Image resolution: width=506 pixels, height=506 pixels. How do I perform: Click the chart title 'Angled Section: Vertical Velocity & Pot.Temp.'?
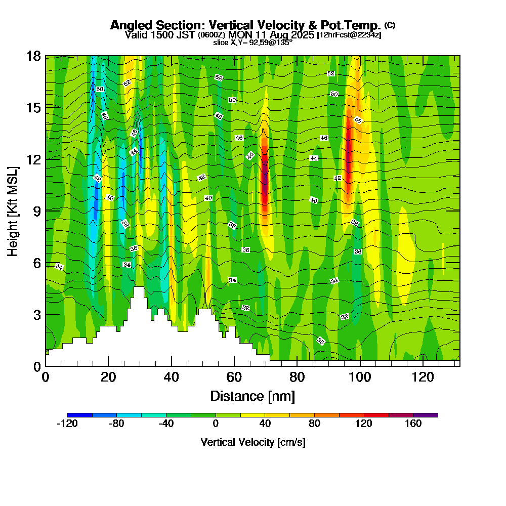246,26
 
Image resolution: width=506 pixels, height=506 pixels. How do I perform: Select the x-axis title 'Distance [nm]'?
252,396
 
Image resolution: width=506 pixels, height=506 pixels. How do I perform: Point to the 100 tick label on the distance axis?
360,377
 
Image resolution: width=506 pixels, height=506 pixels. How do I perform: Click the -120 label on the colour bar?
67,424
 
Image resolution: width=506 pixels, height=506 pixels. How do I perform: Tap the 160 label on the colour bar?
413,424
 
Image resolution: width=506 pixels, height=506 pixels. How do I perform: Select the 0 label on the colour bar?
216,424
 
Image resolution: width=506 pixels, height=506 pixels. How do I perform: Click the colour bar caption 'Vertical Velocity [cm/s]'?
252,442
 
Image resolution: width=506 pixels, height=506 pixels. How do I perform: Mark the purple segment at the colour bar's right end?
425,415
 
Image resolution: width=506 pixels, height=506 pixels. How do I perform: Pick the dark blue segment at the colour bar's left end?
80,415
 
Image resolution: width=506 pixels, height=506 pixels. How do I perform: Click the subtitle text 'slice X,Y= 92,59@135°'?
252,43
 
